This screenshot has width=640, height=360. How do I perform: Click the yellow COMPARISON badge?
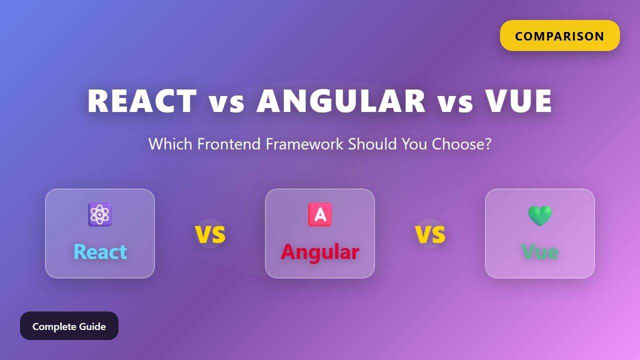pyautogui.click(x=559, y=36)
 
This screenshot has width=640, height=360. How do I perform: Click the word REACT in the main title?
pyautogui.click(x=142, y=101)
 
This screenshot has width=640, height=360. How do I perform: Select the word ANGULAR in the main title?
pyautogui.click(x=341, y=101)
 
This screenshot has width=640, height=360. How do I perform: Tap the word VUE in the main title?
pyautogui.click(x=518, y=101)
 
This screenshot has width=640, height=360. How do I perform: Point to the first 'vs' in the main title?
pyautogui.click(x=226, y=102)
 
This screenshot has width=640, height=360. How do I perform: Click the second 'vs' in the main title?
pyautogui.click(x=455, y=102)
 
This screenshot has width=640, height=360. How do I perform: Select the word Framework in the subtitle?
pyautogui.click(x=304, y=144)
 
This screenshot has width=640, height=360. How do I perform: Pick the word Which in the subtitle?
pyautogui.click(x=170, y=144)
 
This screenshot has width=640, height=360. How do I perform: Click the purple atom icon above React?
pyautogui.click(x=100, y=214)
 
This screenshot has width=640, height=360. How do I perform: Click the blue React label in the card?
pyautogui.click(x=100, y=251)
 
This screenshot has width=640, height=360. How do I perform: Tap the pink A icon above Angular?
pyautogui.click(x=320, y=214)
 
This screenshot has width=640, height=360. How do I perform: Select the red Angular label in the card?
pyautogui.click(x=320, y=251)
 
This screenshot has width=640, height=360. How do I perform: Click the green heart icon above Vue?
pyautogui.click(x=540, y=215)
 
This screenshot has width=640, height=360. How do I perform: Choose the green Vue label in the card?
pyautogui.click(x=540, y=251)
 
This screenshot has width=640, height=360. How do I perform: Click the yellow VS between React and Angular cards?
pyautogui.click(x=210, y=234)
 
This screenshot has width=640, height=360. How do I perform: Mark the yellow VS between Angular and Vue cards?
pyautogui.click(x=430, y=234)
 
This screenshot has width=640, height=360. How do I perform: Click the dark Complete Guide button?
pyautogui.click(x=69, y=326)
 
